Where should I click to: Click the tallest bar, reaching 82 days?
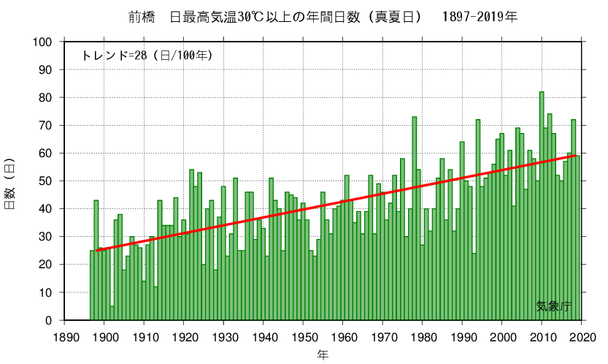(x=542, y=205)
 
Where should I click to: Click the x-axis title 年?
(x=323, y=354)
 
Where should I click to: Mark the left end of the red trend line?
(x=96, y=251)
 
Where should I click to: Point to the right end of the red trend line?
(x=577, y=156)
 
